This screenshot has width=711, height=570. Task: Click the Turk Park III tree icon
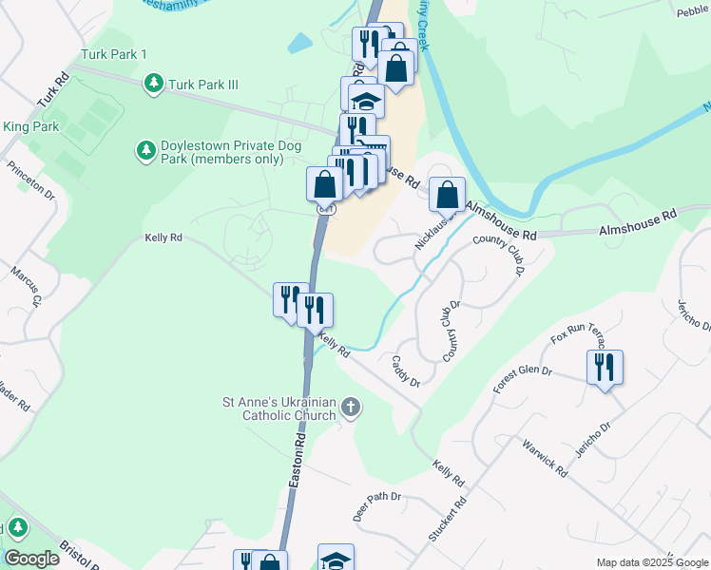click(153, 85)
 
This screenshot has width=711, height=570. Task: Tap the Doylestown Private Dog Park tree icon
click(144, 150)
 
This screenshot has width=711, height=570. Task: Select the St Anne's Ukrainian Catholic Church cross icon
click(351, 408)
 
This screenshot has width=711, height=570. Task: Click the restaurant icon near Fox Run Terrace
click(605, 366)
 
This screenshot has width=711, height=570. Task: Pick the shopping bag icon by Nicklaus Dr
click(447, 195)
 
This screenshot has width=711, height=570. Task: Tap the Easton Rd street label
click(298, 466)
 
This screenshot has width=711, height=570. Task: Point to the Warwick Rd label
click(545, 458)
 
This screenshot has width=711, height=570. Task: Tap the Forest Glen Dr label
click(522, 375)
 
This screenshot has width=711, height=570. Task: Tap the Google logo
click(31, 559)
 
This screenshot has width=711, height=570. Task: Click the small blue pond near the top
click(299, 43)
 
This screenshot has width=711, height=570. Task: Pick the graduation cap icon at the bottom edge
click(336, 559)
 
